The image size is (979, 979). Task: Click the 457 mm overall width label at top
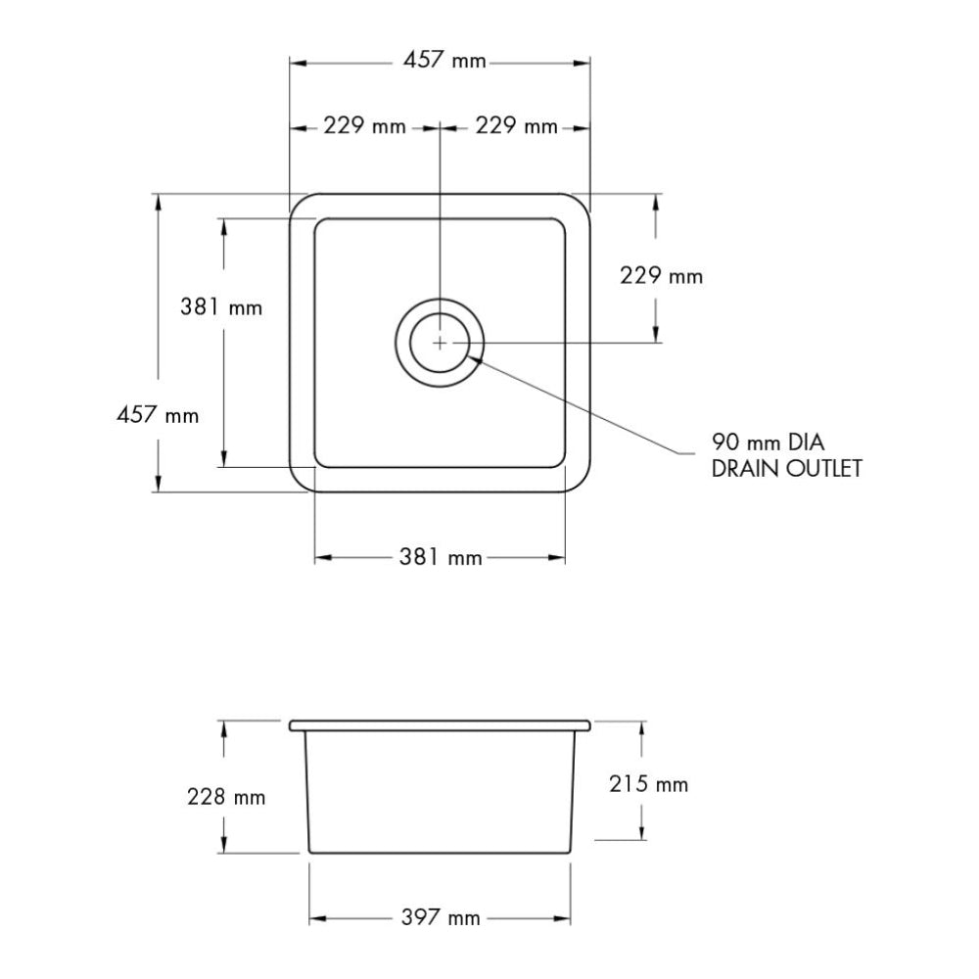(x=444, y=62)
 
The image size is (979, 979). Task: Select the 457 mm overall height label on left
(x=158, y=415)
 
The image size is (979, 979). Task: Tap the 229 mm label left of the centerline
(x=364, y=126)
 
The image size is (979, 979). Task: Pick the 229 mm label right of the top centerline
(x=516, y=126)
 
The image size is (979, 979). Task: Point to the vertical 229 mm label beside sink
(x=662, y=276)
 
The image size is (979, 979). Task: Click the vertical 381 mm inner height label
(x=221, y=307)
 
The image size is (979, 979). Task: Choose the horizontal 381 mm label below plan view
(x=441, y=558)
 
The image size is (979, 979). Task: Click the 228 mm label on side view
(x=226, y=798)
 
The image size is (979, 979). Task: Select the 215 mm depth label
(x=647, y=784)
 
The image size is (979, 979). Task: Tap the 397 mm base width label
(x=441, y=918)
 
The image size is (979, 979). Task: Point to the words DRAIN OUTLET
(x=786, y=468)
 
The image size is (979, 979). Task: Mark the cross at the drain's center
(x=440, y=343)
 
